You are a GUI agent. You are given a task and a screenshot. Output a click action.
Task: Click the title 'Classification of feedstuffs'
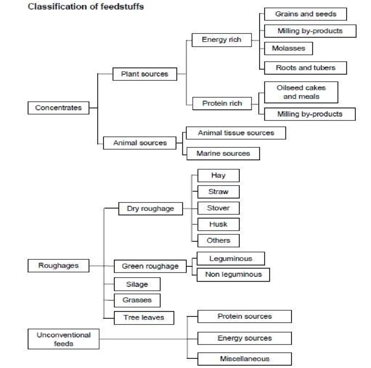click(86, 7)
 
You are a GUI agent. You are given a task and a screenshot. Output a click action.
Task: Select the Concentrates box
click(58, 108)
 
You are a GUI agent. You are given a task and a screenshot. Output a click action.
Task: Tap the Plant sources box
click(144, 74)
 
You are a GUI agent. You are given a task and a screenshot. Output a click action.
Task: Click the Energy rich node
click(222, 40)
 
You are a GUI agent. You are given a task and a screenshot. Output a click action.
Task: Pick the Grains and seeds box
click(306, 14)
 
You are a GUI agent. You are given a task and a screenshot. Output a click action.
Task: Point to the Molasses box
click(288, 48)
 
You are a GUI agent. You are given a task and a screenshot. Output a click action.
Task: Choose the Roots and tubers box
click(306, 68)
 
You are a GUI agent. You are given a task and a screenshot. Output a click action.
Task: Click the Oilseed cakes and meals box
click(301, 92)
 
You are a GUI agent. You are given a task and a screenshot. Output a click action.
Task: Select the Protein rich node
click(223, 103)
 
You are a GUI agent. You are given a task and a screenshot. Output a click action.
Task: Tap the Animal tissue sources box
click(236, 133)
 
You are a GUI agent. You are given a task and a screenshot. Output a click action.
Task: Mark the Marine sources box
click(223, 153)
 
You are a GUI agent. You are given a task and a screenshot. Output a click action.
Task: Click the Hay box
click(218, 175)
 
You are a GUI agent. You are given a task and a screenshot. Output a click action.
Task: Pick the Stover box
click(218, 208)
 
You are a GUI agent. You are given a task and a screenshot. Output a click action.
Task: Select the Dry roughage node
click(150, 209)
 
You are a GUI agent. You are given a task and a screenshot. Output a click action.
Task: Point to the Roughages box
click(58, 265)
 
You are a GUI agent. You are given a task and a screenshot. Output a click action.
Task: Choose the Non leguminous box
click(233, 275)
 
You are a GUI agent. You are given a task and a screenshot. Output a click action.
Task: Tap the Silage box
click(137, 284)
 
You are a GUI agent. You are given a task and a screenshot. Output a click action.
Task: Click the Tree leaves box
click(144, 318)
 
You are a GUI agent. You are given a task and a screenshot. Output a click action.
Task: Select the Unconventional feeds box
click(63, 339)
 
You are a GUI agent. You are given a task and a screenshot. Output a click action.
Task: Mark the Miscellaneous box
click(244, 359)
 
